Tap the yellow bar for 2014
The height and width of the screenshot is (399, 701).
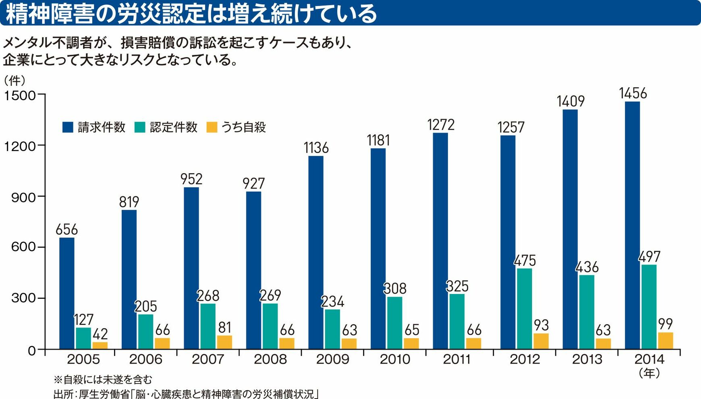666,341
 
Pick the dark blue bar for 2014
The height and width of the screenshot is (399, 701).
632,225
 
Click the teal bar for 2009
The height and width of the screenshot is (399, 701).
332,329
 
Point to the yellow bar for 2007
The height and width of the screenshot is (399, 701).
224,342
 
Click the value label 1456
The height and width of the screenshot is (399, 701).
633,93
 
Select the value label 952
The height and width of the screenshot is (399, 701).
191,179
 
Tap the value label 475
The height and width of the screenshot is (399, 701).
525,261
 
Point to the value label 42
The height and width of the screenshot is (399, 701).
100,334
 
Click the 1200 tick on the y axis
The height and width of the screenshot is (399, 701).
20,146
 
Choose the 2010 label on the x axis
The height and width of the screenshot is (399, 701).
395,359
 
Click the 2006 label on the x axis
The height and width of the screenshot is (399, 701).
145,359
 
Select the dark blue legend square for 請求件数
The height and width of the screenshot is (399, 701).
68,127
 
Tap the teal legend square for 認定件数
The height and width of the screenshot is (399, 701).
140,127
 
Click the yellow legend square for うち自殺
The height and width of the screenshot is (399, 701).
212,127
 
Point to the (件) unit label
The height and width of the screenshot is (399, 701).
15,81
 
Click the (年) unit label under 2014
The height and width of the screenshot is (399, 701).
649,373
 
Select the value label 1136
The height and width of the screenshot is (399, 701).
316,148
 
